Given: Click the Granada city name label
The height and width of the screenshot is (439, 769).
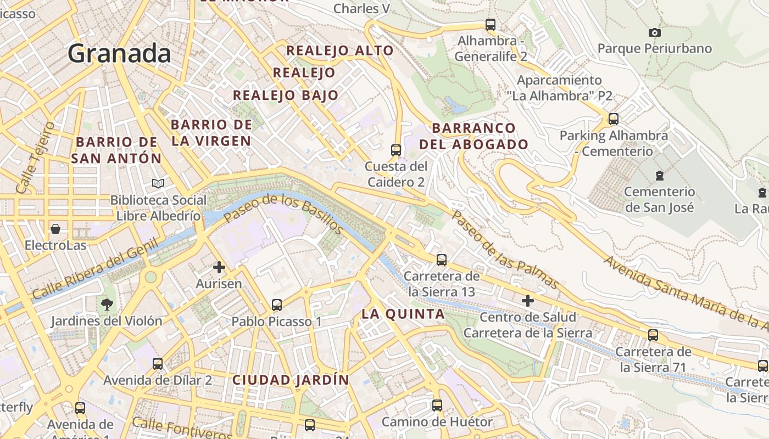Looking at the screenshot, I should click(119, 54).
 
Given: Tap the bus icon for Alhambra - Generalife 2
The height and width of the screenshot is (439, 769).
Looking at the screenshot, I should click(491, 25).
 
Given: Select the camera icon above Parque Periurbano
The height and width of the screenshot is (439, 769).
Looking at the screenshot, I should click(654, 33).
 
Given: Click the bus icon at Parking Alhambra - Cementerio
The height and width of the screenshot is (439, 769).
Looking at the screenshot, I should click(614, 119).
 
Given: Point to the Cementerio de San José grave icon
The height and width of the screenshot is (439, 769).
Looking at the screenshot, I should click(659, 176).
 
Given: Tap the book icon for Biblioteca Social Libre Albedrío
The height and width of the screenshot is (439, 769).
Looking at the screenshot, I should click(158, 183).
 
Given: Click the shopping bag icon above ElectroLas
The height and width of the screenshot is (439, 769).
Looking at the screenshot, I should click(55, 228).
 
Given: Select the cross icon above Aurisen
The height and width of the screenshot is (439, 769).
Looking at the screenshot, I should click(219, 267).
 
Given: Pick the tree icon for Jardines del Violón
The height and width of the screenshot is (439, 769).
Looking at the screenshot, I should click(107, 304).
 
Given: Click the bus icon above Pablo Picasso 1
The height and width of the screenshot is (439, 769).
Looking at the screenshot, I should click(277, 305).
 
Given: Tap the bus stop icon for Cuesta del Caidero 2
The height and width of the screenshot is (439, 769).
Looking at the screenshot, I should click(395, 150).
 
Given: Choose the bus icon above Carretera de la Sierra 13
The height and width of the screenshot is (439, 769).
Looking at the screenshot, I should click(442, 260).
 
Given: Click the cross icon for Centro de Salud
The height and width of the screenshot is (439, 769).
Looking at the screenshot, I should click(528, 301).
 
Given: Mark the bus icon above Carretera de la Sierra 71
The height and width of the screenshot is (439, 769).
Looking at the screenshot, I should click(653, 335).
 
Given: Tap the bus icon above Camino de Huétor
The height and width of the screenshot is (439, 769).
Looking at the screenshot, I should click(437, 406).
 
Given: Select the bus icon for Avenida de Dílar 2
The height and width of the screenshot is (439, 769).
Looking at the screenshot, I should click(158, 363).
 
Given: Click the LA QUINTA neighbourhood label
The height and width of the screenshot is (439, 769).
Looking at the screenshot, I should click(403, 314).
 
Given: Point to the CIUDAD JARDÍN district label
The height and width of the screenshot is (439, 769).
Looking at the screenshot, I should click(291, 380).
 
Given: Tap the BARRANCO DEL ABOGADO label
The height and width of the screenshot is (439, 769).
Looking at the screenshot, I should click(473, 136).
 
